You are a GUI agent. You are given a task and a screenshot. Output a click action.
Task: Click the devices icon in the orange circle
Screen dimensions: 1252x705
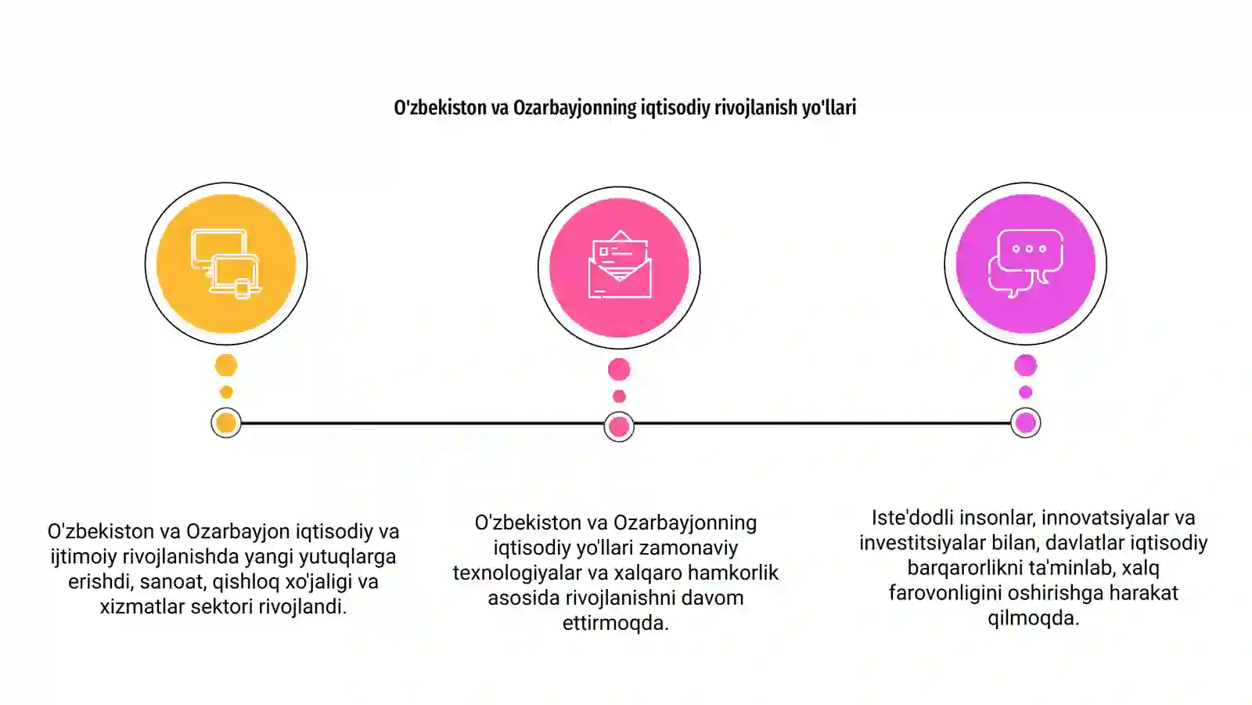click(x=226, y=263)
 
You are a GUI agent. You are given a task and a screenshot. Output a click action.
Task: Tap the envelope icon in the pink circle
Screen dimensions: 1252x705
click(x=619, y=264)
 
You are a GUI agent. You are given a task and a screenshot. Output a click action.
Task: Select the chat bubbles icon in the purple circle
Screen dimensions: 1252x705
click(x=1026, y=263)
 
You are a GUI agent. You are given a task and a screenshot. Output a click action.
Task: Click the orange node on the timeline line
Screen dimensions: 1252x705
click(x=226, y=423)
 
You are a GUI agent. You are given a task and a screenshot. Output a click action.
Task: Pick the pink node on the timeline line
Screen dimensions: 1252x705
click(x=619, y=427)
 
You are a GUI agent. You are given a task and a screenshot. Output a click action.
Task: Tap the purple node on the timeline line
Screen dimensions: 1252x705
click(x=1026, y=423)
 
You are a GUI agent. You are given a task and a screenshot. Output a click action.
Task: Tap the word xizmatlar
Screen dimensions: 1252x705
click(x=142, y=607)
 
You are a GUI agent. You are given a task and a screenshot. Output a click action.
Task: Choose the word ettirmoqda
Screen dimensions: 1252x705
click(x=615, y=624)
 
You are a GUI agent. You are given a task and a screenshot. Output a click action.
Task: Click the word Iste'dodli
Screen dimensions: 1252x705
click(x=912, y=518)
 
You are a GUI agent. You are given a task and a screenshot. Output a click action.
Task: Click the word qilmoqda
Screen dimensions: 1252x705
click(x=1034, y=619)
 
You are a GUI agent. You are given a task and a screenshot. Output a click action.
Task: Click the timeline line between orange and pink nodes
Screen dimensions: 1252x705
click(x=423, y=424)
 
